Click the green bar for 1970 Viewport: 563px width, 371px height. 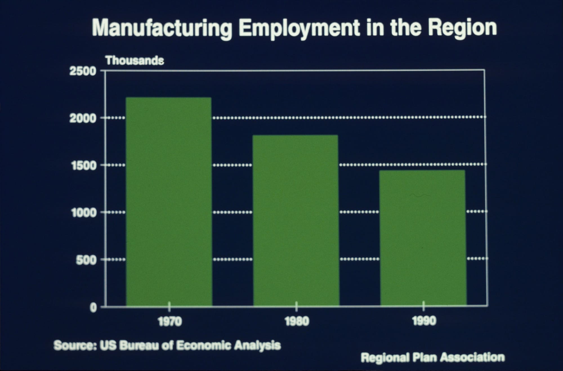(x=169, y=201)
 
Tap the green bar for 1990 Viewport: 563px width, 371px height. (x=423, y=238)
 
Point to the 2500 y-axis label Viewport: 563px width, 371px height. (x=82, y=71)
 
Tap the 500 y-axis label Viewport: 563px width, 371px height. (x=86, y=260)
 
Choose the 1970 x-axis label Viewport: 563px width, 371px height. (x=170, y=321)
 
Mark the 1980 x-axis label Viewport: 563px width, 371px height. (x=297, y=321)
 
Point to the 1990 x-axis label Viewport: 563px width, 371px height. (x=424, y=321)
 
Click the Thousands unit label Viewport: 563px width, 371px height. (x=135, y=60)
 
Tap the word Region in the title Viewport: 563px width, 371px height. (x=463, y=28)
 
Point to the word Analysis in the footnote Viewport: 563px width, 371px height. (x=257, y=345)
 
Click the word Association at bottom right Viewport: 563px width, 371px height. (x=472, y=357)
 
